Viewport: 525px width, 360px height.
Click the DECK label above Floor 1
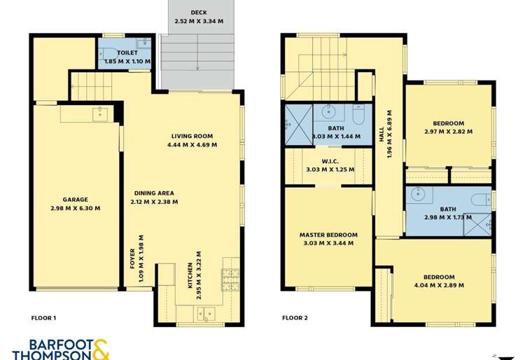[199, 12]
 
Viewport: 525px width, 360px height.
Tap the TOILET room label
[127, 53]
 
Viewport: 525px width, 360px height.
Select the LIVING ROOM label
[192, 136]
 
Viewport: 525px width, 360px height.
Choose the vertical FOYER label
[132, 259]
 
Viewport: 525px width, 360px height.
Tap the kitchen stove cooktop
[231, 279]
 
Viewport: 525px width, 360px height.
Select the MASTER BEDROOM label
[328, 235]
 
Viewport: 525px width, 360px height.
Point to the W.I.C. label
[328, 160]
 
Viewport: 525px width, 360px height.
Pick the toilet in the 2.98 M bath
[480, 200]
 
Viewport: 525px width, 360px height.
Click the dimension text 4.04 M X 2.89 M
[439, 285]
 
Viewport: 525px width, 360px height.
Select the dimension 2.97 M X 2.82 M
[448, 131]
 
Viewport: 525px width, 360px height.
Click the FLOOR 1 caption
[43, 318]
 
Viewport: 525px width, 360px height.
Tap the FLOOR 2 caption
[295, 318]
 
